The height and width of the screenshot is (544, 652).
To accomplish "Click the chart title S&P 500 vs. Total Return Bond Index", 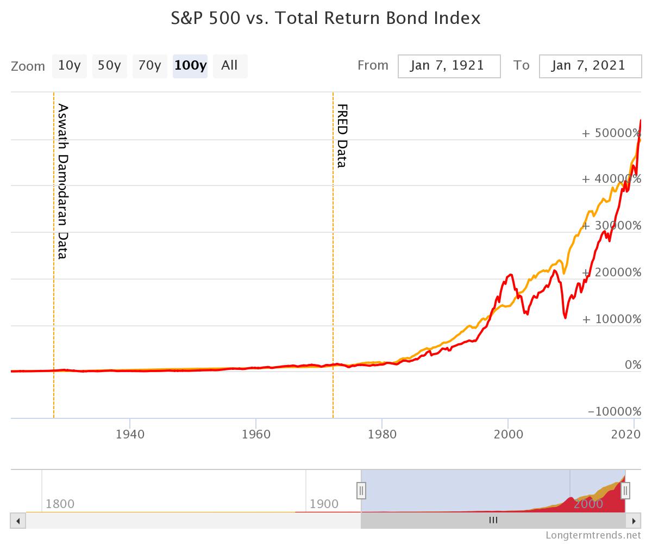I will point(326,18).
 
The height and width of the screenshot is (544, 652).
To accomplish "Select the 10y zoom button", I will point(70,66).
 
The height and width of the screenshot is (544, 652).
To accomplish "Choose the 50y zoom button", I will point(109,66).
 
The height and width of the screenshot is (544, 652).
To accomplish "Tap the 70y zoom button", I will point(149,66).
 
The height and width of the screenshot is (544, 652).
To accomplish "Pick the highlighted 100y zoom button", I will point(190,66).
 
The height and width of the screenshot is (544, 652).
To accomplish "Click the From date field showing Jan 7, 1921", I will point(449,66).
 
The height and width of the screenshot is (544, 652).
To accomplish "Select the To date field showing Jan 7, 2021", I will point(590,66).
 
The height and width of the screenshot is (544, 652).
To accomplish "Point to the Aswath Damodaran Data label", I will point(63,181).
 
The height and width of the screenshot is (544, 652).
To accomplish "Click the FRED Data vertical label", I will point(342,135).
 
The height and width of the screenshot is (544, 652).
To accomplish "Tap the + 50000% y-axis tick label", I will point(611,133).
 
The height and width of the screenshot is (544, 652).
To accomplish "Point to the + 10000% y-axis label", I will point(611,319).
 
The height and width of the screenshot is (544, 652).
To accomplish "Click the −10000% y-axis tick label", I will point(614,412).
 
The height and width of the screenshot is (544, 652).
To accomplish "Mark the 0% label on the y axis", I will point(633,365).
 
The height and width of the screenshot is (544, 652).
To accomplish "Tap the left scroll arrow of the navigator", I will point(18,521).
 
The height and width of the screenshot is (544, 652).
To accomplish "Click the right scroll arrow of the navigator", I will point(634,521).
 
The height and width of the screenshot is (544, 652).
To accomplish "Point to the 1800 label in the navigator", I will point(60,503).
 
